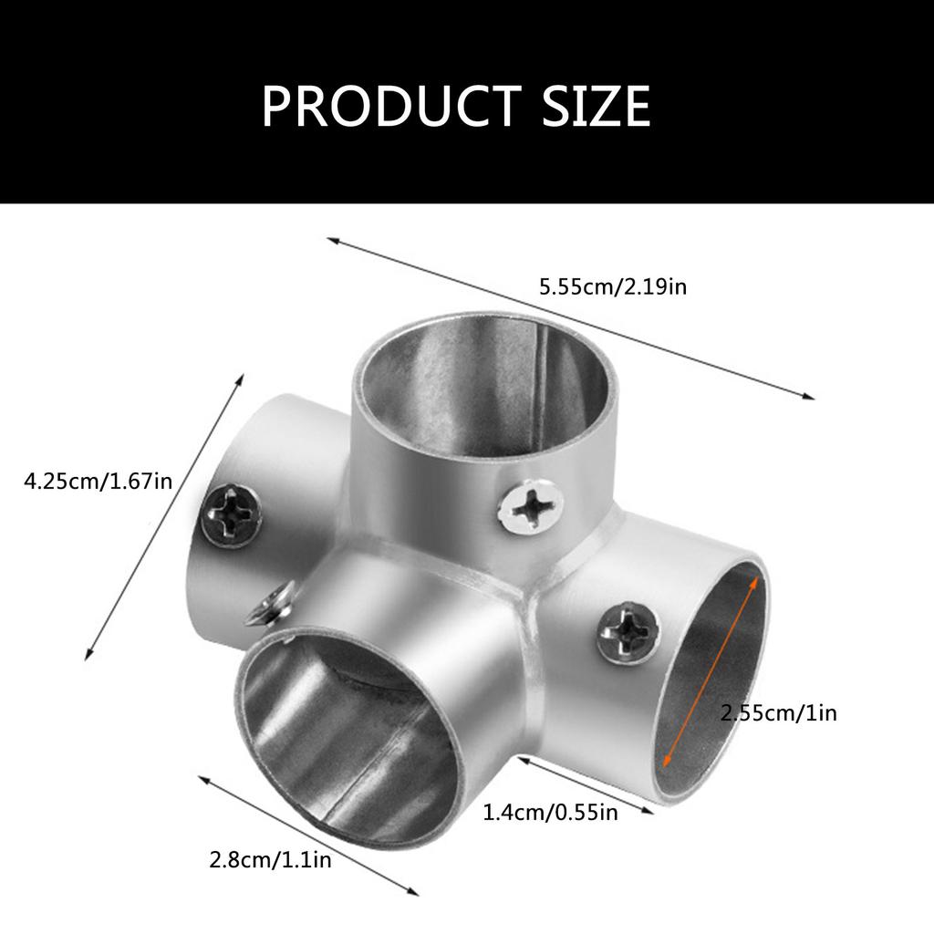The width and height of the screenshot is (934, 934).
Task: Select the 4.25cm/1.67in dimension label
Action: (98, 480)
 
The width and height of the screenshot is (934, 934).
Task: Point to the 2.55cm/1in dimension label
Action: (778, 712)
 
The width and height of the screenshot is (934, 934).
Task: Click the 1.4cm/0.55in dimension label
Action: (550, 811)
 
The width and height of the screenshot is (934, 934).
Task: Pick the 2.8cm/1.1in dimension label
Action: (270, 859)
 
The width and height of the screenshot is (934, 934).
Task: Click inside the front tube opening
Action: (347, 730)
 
